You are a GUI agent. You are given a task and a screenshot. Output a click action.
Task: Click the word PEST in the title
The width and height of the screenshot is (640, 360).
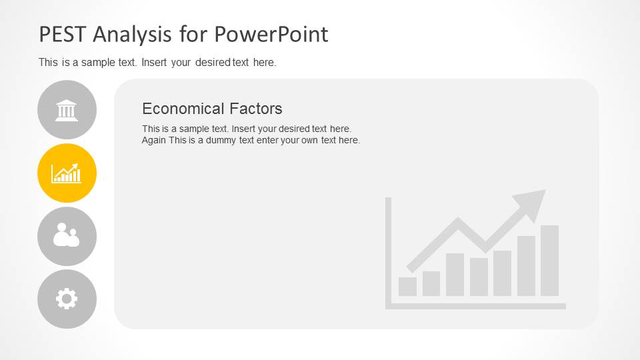click(x=63, y=34)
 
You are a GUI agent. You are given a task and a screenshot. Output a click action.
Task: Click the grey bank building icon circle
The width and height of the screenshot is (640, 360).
click(x=67, y=110)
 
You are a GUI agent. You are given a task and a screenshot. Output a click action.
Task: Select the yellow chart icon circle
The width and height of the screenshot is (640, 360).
click(x=67, y=173)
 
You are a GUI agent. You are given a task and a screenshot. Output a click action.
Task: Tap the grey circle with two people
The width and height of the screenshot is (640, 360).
click(x=67, y=236)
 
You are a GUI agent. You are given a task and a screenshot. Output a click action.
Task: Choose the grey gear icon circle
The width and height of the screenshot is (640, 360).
click(x=67, y=299)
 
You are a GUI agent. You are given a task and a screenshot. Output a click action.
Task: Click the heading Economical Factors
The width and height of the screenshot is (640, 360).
click(x=212, y=109)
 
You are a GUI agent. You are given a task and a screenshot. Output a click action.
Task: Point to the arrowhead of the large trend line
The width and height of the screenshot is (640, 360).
click(x=532, y=203)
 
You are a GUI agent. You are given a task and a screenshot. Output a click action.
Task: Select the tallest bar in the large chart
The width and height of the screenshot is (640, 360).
click(x=549, y=261)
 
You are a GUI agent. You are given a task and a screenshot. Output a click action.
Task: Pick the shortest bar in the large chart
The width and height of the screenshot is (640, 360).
click(x=407, y=287)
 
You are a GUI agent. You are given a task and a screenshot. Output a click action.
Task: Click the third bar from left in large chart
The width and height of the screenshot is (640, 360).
click(x=455, y=275)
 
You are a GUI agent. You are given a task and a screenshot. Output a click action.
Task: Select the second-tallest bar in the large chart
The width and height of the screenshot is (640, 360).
click(x=526, y=266)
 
